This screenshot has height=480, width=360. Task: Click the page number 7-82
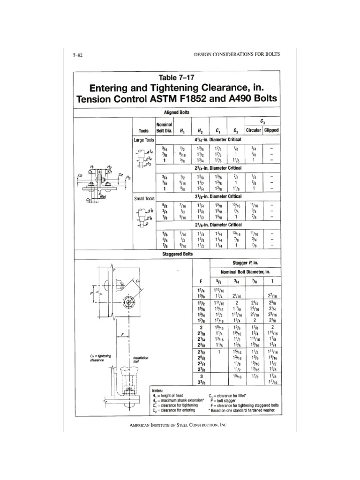coord(78,55)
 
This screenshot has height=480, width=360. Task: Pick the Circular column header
coord(254,130)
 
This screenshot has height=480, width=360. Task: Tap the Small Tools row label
coord(143,198)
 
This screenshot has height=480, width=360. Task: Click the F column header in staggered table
coord(201,281)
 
